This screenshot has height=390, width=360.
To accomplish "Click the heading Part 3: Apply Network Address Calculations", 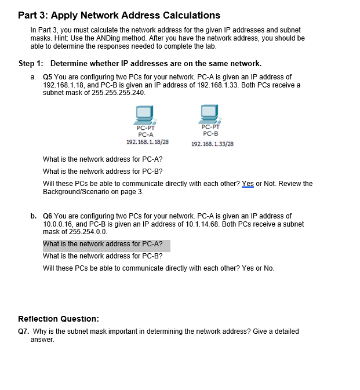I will [119, 15].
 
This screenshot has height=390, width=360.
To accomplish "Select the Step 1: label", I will [33, 63].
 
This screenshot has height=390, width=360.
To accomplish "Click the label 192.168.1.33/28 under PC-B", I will [212, 144].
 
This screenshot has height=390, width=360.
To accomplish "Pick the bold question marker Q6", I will [48, 216].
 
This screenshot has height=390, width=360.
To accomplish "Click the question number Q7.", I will [24, 331].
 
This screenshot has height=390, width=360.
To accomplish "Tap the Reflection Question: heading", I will [59, 319].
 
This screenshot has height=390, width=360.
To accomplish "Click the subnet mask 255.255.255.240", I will [118, 93].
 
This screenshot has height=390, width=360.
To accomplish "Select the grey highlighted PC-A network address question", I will [106, 245].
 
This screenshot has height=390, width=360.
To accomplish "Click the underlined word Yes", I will [248, 184].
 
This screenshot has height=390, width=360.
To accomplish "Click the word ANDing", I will [103, 38].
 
